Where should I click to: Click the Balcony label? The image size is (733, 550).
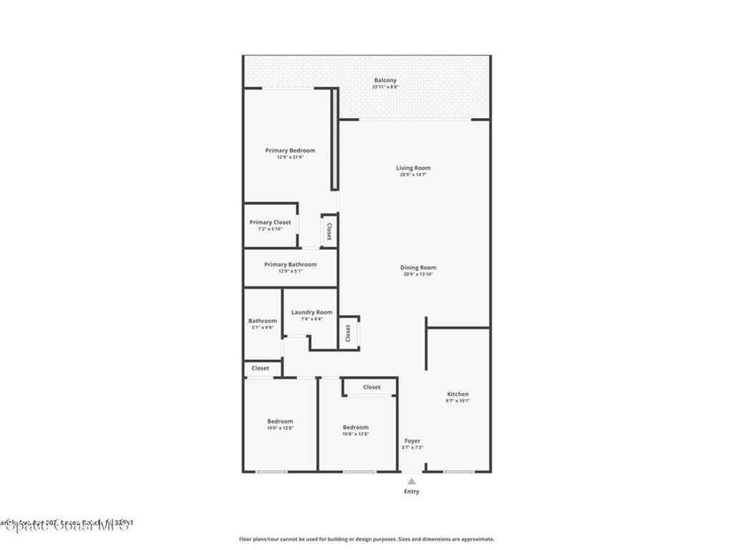tap(384, 80)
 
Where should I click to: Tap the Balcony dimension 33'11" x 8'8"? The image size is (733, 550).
tap(384, 87)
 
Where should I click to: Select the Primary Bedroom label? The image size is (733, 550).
tap(290, 150)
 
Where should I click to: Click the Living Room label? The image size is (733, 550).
tap(413, 168)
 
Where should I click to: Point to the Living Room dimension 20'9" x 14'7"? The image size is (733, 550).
tap(413, 175)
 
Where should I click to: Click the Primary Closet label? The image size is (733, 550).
tap(270, 223)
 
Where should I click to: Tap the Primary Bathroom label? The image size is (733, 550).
tap(290, 264)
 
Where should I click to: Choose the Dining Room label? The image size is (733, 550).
tap(418, 268)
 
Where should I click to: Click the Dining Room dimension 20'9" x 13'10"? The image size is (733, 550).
tap(418, 274)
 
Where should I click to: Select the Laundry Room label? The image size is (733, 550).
tap(311, 312)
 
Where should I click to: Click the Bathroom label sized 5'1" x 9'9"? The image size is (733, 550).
tap(262, 321)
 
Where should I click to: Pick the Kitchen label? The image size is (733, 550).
tap(457, 395)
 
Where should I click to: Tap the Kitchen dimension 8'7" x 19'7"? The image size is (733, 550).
tap(457, 401)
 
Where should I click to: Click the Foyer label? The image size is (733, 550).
tap(412, 441)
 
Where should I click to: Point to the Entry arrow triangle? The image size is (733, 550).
tap(412, 481)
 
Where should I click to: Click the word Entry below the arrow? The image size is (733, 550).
tap(412, 491)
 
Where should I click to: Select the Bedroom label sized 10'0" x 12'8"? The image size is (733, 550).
tap(280, 422)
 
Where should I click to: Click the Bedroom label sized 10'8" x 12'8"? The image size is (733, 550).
tap(355, 428)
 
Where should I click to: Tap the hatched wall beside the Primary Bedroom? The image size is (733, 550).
tap(334, 140)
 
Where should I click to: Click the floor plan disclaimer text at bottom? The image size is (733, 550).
tap(366, 539)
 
